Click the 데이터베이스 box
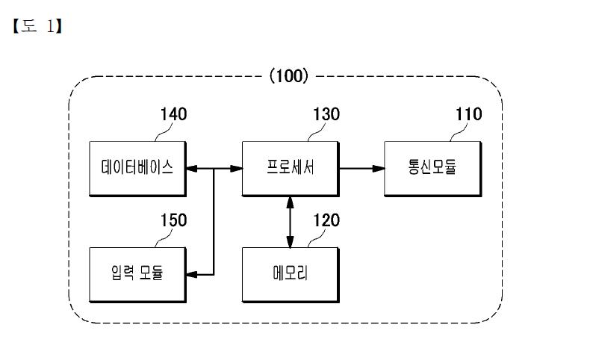[x=137, y=169]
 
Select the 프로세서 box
[x=291, y=169]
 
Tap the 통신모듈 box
[x=433, y=169]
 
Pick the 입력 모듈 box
[x=137, y=275]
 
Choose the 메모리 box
[x=291, y=275]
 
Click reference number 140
[x=173, y=114]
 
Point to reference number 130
[x=326, y=114]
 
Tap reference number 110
[x=468, y=114]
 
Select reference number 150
[x=173, y=220]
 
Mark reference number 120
[x=326, y=220]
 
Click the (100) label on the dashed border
[x=289, y=76]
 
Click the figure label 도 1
[x=37, y=26]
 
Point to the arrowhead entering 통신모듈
[x=379, y=169]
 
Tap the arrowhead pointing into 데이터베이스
[x=192, y=169]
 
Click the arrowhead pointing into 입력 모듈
[x=192, y=275]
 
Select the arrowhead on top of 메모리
[x=290, y=242]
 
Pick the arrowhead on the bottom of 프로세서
[x=290, y=202]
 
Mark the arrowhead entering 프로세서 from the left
[x=236, y=169]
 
